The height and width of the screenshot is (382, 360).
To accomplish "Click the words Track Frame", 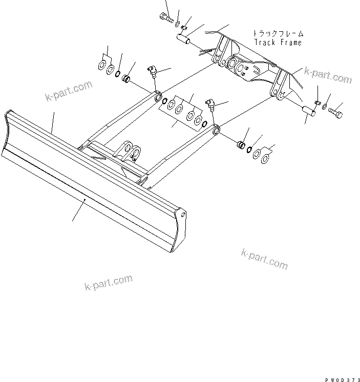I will (x=278, y=43).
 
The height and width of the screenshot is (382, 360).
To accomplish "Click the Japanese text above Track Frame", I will (x=277, y=33).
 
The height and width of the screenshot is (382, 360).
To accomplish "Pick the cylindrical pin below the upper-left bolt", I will (x=184, y=40).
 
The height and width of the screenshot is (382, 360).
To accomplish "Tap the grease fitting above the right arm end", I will (x=210, y=104).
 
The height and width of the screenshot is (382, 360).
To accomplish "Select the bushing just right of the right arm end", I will (x=239, y=143).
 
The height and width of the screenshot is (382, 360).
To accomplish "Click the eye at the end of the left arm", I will (x=158, y=96).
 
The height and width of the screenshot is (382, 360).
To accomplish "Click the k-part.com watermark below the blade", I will (x=108, y=282).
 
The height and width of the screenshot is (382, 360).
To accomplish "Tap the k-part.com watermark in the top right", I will (x=328, y=75).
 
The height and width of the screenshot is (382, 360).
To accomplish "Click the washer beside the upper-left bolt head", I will (x=177, y=25).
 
